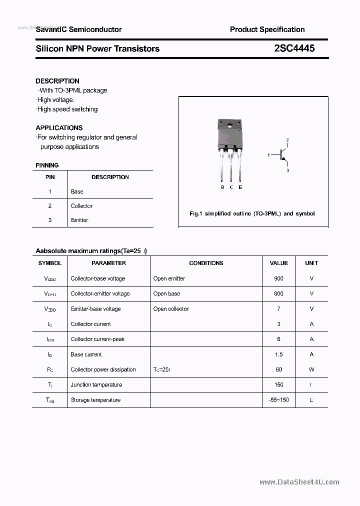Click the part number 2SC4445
[294, 48]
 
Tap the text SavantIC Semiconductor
[78, 29]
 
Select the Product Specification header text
[267, 29]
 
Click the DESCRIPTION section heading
[57, 81]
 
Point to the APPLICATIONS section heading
[59, 127]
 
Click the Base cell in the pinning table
[77, 191]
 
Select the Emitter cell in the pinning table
[79, 220]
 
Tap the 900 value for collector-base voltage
[278, 278]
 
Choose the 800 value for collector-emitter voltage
[278, 293]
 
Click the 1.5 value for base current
[278, 354]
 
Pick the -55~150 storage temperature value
[278, 400]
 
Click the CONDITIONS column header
[206, 263]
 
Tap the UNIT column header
[311, 263]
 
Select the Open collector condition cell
[171, 309]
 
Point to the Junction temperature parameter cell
[95, 385]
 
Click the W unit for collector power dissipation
[311, 369]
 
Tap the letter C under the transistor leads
[231, 187]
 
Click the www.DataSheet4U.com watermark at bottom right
[299, 482]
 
